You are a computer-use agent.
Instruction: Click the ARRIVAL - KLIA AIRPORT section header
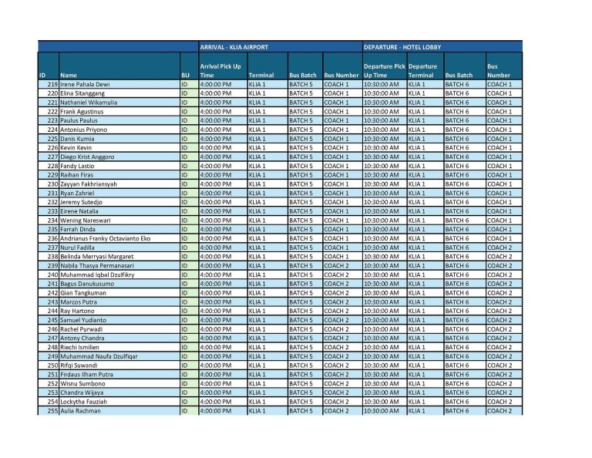(x=234, y=47)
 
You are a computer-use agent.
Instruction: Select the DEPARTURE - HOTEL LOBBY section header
(x=404, y=47)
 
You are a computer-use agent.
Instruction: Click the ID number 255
(x=52, y=410)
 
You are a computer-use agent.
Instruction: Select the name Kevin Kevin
(x=76, y=147)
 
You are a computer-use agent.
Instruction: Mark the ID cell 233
(x=52, y=210)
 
